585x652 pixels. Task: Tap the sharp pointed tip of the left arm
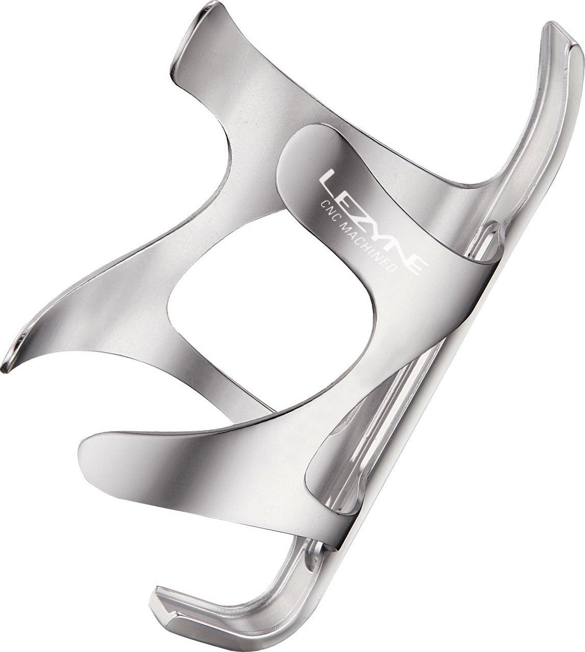(5, 370)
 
